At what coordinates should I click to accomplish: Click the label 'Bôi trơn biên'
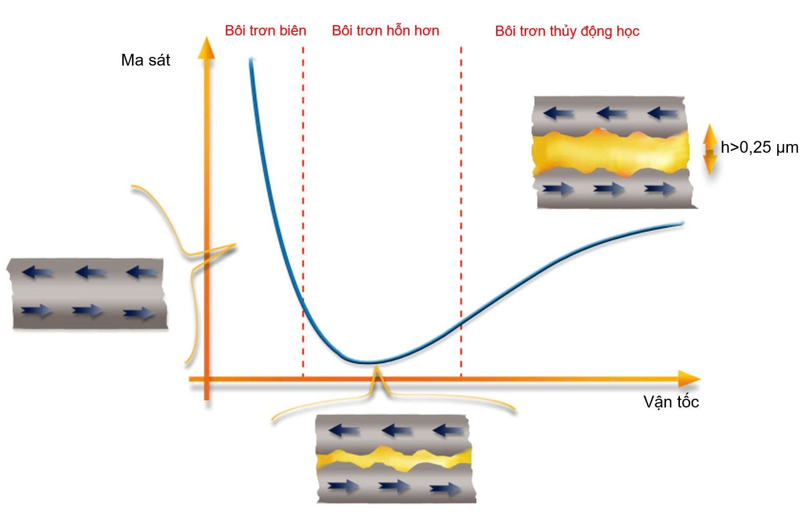click(x=265, y=31)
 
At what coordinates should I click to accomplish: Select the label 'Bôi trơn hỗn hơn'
click(x=385, y=31)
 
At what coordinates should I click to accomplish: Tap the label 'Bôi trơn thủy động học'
click(x=567, y=31)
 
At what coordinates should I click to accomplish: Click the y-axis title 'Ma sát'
click(x=145, y=60)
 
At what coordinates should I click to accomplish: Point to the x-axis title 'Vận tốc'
click(x=671, y=402)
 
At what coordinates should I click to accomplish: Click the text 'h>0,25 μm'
click(x=759, y=148)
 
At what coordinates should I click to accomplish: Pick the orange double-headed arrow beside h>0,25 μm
click(x=710, y=149)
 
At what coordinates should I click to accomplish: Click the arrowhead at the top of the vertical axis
click(x=206, y=47)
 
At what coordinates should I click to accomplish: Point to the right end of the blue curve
click(x=682, y=222)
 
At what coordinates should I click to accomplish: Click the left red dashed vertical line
click(x=303, y=205)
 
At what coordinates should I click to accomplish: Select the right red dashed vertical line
click(x=461, y=205)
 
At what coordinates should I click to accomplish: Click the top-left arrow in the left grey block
click(x=37, y=272)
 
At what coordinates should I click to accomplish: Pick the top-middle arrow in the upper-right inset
click(x=611, y=113)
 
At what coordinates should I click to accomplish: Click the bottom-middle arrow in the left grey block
click(x=87, y=311)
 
